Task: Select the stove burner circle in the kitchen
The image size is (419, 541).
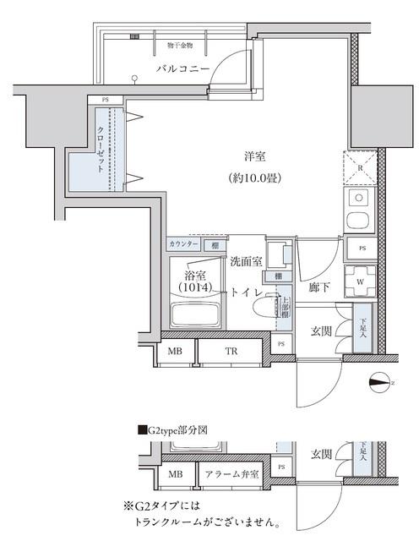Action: click(x=358, y=223)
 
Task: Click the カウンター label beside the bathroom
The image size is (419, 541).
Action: click(x=183, y=244)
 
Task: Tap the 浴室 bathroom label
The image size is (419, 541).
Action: click(x=196, y=274)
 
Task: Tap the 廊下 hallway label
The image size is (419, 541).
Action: click(x=318, y=287)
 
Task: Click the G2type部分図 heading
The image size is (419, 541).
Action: click(x=176, y=430)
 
